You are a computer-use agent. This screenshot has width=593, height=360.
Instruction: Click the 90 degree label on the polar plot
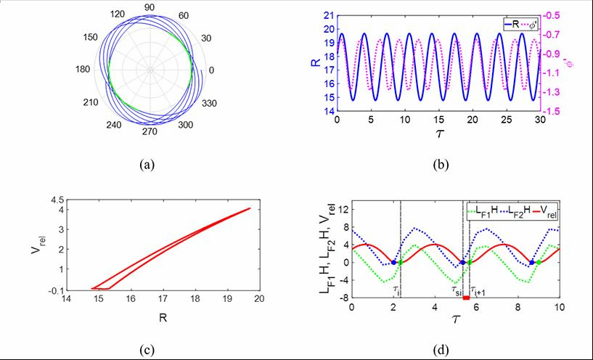150,7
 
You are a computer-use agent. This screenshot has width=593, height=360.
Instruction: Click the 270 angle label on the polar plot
150,134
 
